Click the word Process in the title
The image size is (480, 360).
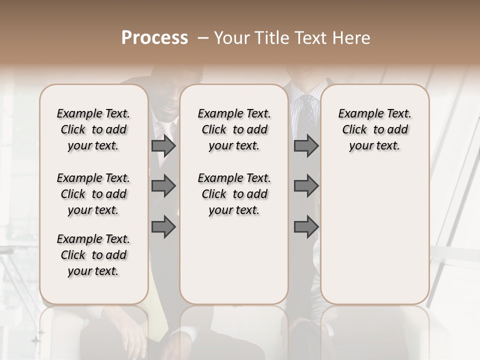[x=154, y=38]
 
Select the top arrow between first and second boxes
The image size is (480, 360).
[x=163, y=146]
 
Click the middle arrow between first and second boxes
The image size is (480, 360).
[x=163, y=186]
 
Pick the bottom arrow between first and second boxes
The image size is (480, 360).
[x=163, y=226]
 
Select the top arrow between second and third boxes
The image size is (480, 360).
[x=306, y=146]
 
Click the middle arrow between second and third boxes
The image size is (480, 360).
[x=306, y=186]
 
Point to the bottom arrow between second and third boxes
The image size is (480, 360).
[x=306, y=226]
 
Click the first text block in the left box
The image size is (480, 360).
[x=93, y=129]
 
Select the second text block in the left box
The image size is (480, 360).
[x=93, y=194]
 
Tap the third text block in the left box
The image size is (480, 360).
[x=93, y=255]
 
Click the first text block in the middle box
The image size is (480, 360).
[x=234, y=129]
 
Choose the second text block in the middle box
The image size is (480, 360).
[x=234, y=194]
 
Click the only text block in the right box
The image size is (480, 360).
[x=375, y=129]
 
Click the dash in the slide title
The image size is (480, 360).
[x=203, y=38]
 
